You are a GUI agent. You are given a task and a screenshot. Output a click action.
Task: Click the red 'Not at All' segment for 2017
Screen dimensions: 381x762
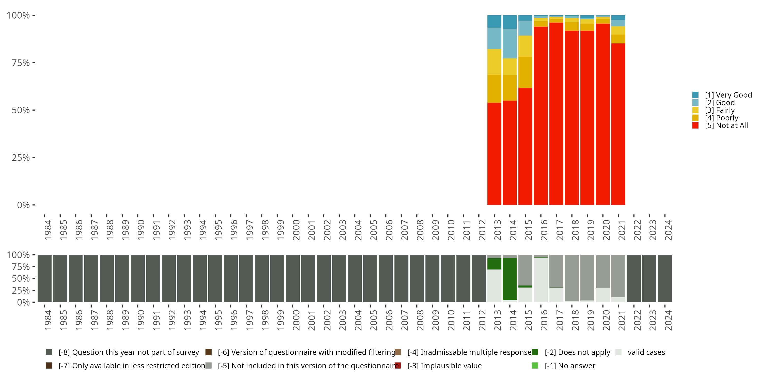(x=556, y=114)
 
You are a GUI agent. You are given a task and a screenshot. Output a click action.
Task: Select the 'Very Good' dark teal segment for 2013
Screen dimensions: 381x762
(x=494, y=21)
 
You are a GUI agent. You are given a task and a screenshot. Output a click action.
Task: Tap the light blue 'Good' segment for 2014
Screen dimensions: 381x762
(x=510, y=43)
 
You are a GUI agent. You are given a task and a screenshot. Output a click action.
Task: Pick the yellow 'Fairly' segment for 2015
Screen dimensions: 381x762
(x=525, y=46)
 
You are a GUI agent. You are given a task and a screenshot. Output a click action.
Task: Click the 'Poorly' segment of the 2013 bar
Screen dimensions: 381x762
(x=494, y=89)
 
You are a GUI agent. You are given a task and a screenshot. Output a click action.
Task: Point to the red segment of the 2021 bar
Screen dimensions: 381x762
(x=618, y=124)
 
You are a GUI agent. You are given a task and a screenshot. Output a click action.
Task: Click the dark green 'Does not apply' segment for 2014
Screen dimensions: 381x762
(x=510, y=279)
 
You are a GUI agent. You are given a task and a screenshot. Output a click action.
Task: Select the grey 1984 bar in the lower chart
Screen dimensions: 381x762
(x=45, y=278)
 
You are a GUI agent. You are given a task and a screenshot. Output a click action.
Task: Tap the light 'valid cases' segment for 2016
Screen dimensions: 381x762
(x=541, y=280)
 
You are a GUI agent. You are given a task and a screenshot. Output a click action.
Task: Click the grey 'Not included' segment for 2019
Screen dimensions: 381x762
(x=587, y=277)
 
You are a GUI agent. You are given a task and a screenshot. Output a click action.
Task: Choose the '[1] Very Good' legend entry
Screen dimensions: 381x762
(x=728, y=95)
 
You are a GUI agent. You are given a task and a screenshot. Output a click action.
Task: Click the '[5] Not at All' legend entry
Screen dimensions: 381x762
(x=726, y=125)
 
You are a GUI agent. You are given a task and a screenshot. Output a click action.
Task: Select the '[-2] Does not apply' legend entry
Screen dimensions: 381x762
(x=577, y=352)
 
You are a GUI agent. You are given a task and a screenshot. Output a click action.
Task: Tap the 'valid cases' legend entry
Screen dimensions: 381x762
(x=646, y=352)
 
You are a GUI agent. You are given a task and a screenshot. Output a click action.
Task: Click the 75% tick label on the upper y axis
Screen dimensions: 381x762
(x=21, y=63)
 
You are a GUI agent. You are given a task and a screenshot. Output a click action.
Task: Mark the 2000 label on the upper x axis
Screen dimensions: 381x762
(x=296, y=230)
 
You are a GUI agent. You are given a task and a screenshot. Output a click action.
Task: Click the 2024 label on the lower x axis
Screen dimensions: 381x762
(x=668, y=320)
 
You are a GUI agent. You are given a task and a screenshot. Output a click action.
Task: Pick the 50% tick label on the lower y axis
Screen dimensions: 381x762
(x=21, y=278)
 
